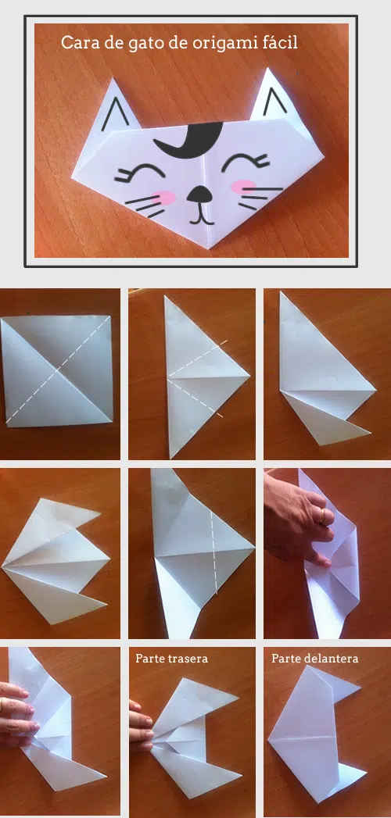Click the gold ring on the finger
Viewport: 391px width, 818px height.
click(x=322, y=516)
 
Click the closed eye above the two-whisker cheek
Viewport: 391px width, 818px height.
click(x=246, y=162)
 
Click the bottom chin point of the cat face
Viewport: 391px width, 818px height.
click(x=210, y=248)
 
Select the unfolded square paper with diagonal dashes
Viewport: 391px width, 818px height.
click(x=56, y=371)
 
